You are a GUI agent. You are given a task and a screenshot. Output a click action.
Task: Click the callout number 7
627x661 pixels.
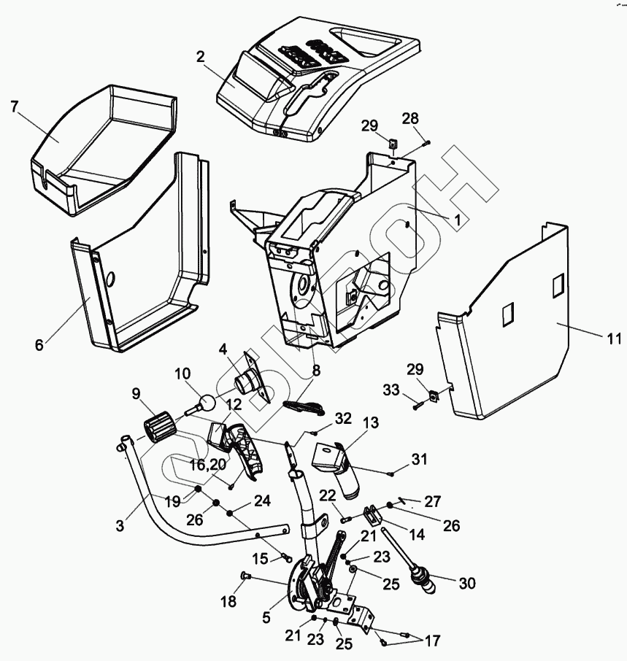tap(14, 107)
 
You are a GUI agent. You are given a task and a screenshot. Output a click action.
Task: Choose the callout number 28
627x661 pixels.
tap(411, 118)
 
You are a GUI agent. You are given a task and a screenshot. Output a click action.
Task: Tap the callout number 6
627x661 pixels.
tap(39, 345)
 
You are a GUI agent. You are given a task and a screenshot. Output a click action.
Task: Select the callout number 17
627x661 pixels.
tap(433, 641)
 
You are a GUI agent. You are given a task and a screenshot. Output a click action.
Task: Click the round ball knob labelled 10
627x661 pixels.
tap(207, 403)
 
